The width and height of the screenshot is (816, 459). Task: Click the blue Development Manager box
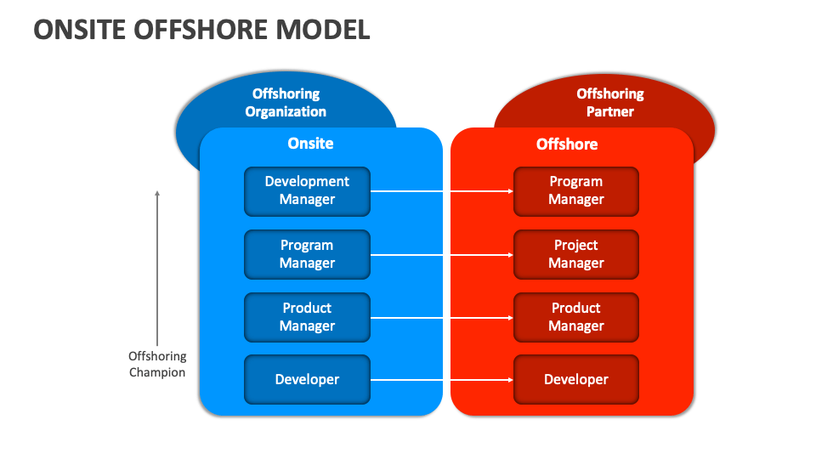tap(307, 191)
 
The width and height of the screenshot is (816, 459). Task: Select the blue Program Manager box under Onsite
tap(307, 254)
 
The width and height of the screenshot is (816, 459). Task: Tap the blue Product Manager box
tap(307, 317)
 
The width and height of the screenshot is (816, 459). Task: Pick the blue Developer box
tap(307, 379)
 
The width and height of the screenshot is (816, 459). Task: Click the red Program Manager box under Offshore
tap(575, 191)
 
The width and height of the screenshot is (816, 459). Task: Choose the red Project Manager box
tap(575, 254)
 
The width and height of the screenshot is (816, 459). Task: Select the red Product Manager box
tap(575, 317)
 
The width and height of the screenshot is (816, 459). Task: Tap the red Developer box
tap(575, 379)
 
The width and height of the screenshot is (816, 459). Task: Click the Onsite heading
tap(310, 144)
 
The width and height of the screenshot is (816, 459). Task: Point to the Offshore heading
tap(566, 144)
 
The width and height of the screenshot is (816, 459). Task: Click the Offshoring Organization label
tap(286, 103)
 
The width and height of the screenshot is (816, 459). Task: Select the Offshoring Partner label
tap(609, 103)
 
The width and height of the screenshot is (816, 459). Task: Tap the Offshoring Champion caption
tap(157, 364)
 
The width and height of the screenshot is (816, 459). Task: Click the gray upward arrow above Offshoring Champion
tap(157, 263)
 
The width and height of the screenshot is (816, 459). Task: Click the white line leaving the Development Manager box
tap(408, 191)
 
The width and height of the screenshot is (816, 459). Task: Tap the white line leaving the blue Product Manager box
tap(408, 318)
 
